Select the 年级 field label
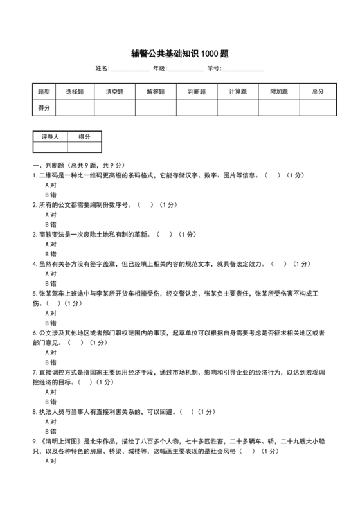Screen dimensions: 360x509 [x=158, y=68]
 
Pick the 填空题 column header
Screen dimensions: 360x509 [x=114, y=92]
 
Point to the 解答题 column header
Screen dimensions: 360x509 [x=156, y=92]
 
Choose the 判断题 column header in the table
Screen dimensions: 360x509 [x=197, y=92]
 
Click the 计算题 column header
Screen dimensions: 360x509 [x=238, y=92]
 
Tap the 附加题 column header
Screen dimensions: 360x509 [x=279, y=92]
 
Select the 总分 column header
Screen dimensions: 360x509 [x=318, y=92]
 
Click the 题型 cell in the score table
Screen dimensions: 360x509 [x=44, y=92]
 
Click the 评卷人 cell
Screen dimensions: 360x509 [x=50, y=137]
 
